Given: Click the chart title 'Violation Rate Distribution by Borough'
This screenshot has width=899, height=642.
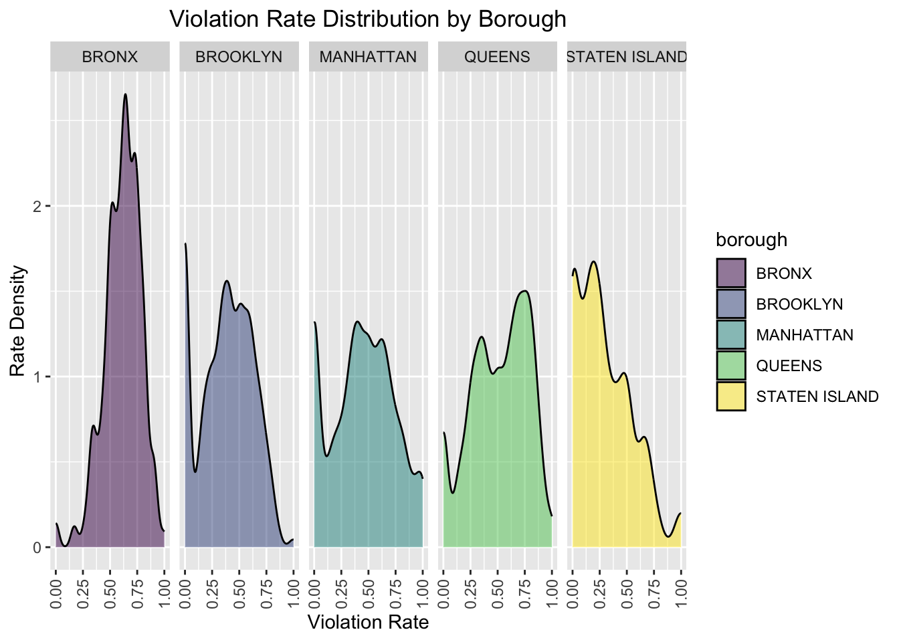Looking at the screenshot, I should pos(368,19).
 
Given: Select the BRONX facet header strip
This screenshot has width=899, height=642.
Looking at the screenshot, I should pos(110,57).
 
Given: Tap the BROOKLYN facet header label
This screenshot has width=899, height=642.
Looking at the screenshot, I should pos(239,57).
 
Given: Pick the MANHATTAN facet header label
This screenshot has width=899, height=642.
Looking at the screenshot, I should pos(368,57).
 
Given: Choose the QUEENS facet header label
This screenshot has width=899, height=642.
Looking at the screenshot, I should pos(497,57).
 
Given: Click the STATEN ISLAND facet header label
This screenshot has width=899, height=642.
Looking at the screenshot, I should pos(627,57).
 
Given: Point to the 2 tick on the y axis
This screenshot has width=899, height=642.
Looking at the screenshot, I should pos(37,206).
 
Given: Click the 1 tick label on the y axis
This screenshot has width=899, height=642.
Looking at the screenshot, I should pos(37,377).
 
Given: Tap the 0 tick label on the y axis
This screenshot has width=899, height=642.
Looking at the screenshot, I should pos(37,547).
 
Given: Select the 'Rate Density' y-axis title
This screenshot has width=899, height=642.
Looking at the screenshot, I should pos(18,321).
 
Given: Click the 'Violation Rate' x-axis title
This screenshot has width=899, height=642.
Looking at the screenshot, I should pos(368,623).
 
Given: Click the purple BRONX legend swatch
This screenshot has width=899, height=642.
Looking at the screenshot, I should pos(730,274).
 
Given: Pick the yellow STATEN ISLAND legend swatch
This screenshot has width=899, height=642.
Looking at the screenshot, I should pos(730,397).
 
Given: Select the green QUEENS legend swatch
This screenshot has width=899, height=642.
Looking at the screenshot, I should pos(730,366).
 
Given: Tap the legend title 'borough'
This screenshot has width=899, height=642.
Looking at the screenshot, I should pos(751,240).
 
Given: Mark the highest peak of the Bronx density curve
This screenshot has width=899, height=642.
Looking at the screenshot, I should pos(125,94).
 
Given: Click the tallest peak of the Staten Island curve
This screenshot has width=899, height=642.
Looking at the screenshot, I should pos(593,261).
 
